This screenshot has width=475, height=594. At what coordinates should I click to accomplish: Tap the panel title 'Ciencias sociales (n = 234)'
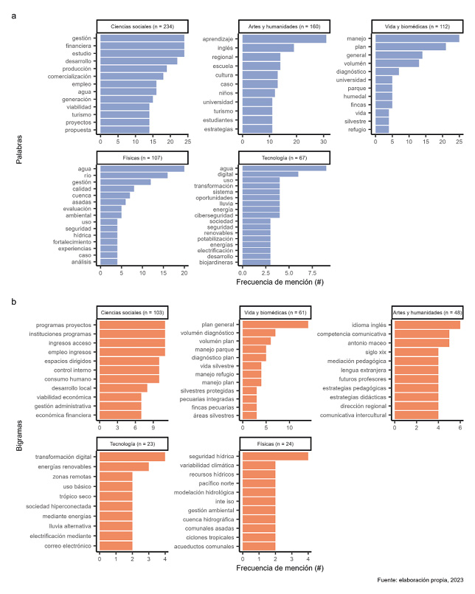[140, 26]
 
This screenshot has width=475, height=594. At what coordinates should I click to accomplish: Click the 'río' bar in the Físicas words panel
[134, 175]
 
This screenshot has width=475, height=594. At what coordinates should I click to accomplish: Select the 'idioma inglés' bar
[427, 324]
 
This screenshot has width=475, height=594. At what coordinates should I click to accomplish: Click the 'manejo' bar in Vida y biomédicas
[417, 38]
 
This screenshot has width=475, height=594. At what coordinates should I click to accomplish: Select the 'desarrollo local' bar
[123, 387]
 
